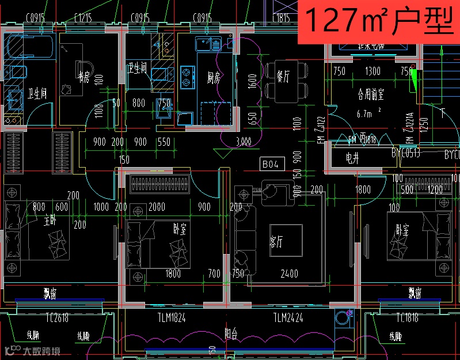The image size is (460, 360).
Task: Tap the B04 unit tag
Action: [271, 164]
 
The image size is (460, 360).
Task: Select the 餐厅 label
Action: [283, 76]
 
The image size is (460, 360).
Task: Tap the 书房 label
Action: [84, 79]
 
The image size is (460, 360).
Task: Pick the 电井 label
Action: [352, 159]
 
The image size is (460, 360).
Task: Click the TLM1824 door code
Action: [172, 317]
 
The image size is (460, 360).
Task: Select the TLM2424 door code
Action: [288, 317]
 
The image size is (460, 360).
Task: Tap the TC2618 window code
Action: [58, 317]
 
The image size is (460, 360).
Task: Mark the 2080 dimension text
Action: [156, 207]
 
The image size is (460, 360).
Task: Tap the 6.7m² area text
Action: [369, 113]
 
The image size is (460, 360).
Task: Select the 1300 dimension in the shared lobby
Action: [372, 71]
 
